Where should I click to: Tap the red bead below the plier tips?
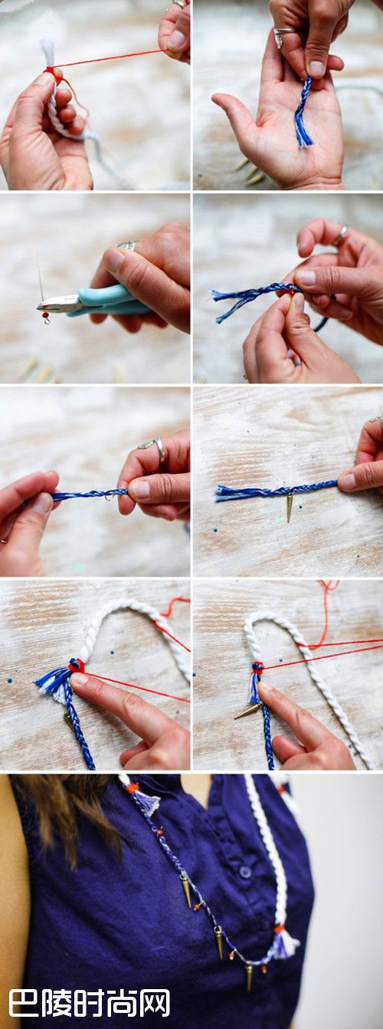[45, 315]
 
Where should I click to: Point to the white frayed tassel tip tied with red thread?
[47, 53]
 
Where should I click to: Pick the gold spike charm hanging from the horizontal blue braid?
[290, 508]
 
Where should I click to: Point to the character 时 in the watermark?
[90, 1002]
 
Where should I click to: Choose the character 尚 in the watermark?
[122, 1002]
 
